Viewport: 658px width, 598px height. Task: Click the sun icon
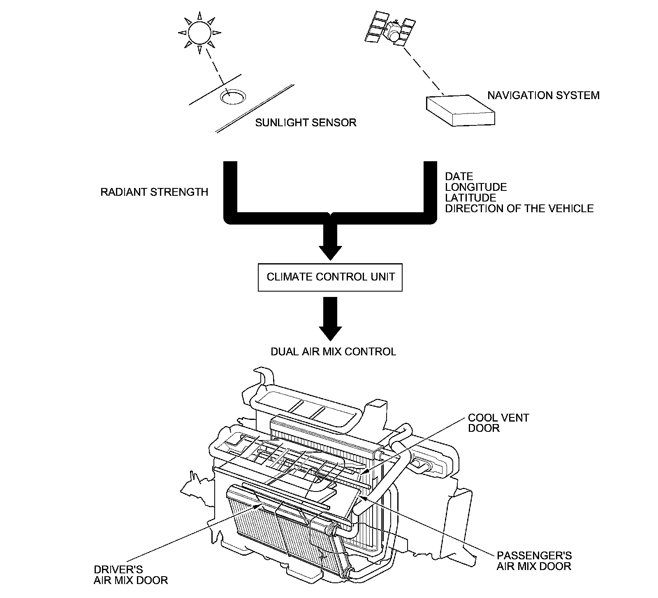pyautogui.click(x=199, y=32)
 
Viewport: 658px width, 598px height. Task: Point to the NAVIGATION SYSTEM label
pyautogui.click(x=543, y=95)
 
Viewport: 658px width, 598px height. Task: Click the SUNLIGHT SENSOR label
pyautogui.click(x=306, y=123)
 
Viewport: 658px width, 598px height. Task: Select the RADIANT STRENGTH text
pyautogui.click(x=154, y=192)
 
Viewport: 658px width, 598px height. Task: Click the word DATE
pyautogui.click(x=459, y=176)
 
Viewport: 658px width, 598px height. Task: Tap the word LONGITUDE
pyautogui.click(x=476, y=187)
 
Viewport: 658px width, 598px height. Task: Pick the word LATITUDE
pyautogui.click(x=470, y=198)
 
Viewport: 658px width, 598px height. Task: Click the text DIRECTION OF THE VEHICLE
pyautogui.click(x=519, y=209)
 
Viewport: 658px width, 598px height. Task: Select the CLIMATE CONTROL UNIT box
pyautogui.click(x=330, y=277)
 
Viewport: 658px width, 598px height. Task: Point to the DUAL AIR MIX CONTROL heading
pyautogui.click(x=333, y=352)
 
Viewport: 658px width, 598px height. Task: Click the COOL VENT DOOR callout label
pyautogui.click(x=498, y=423)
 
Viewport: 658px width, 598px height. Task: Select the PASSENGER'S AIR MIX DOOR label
pyautogui.click(x=534, y=561)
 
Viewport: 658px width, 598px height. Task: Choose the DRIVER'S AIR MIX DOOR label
pyautogui.click(x=130, y=575)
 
